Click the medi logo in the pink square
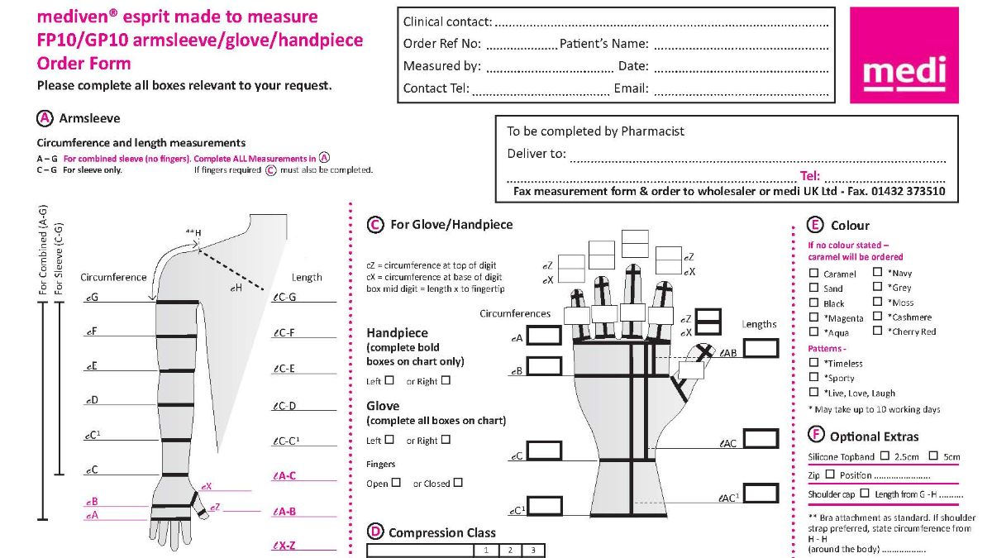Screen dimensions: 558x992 (x=904, y=74)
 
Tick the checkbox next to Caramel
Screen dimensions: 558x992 (x=814, y=274)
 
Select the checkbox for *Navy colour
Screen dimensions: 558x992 (x=878, y=273)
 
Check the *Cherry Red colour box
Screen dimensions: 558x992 (x=878, y=331)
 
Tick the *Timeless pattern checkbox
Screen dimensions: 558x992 (x=814, y=363)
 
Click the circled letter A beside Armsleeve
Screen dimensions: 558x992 (x=45, y=118)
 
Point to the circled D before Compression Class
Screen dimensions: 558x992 (x=374, y=532)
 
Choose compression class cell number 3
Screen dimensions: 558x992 (x=533, y=551)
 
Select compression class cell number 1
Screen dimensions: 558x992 (x=487, y=551)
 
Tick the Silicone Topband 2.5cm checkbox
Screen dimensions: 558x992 (x=885, y=455)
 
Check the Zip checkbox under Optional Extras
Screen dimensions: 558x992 (x=831, y=475)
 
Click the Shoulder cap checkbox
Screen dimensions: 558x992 (x=865, y=494)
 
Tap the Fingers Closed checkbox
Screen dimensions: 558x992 (x=458, y=483)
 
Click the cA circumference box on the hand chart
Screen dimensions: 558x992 (x=544, y=336)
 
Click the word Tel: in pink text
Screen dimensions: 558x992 (x=809, y=176)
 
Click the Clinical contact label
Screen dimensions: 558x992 (x=447, y=22)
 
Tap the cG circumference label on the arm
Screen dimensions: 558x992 (x=91, y=296)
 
